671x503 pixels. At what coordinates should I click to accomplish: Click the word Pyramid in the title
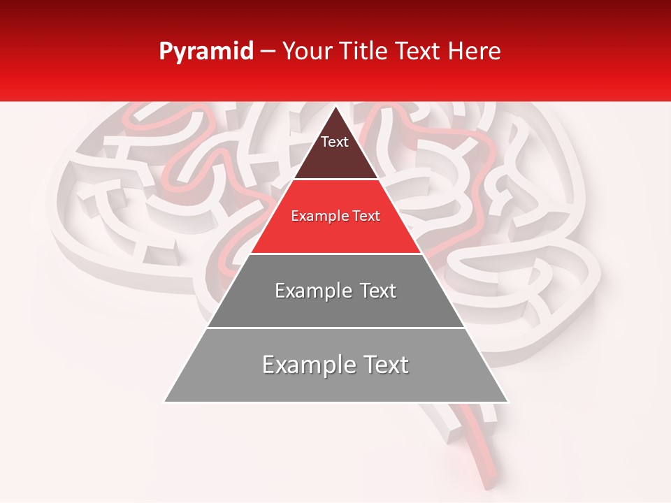point(205,52)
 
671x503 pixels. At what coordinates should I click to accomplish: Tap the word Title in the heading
point(361,52)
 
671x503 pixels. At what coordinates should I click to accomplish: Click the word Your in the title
point(306,52)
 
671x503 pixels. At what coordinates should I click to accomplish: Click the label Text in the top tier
point(335,142)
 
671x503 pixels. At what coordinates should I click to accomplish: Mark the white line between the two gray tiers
point(335,328)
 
